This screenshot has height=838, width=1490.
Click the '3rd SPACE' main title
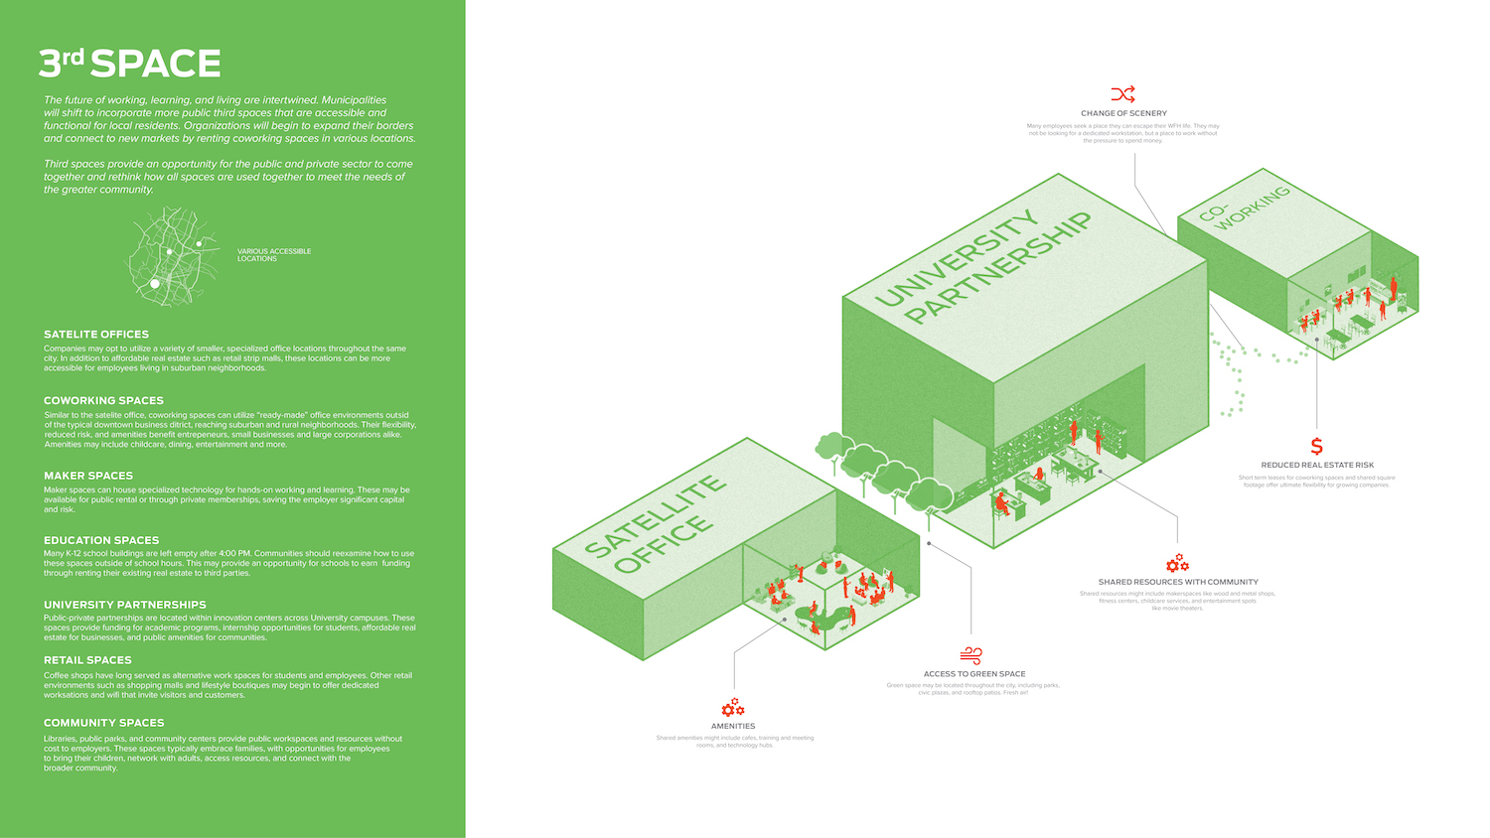point(129,64)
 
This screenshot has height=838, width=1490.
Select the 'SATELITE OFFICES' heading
point(96,335)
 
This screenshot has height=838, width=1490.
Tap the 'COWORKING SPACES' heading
point(103,401)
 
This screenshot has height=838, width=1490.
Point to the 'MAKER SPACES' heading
point(88,476)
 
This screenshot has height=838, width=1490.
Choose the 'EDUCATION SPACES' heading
point(101,540)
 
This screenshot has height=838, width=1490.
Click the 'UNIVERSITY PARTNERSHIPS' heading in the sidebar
point(125,605)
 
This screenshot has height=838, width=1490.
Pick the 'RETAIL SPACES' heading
point(87,660)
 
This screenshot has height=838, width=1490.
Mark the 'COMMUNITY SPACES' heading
point(104,723)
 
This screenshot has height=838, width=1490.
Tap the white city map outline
point(171,255)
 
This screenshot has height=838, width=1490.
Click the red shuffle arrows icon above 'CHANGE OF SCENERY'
point(1123,94)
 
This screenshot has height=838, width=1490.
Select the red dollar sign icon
point(1317,446)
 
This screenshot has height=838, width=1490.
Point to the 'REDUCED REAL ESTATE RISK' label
point(1317,465)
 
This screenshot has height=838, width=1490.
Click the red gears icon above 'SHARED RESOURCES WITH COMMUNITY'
point(1177,564)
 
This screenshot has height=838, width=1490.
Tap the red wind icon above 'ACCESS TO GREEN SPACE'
point(971,655)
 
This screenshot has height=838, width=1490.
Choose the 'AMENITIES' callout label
point(733,726)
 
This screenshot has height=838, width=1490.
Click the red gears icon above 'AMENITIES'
point(733,707)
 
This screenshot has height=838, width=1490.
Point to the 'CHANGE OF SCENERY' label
point(1123,113)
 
